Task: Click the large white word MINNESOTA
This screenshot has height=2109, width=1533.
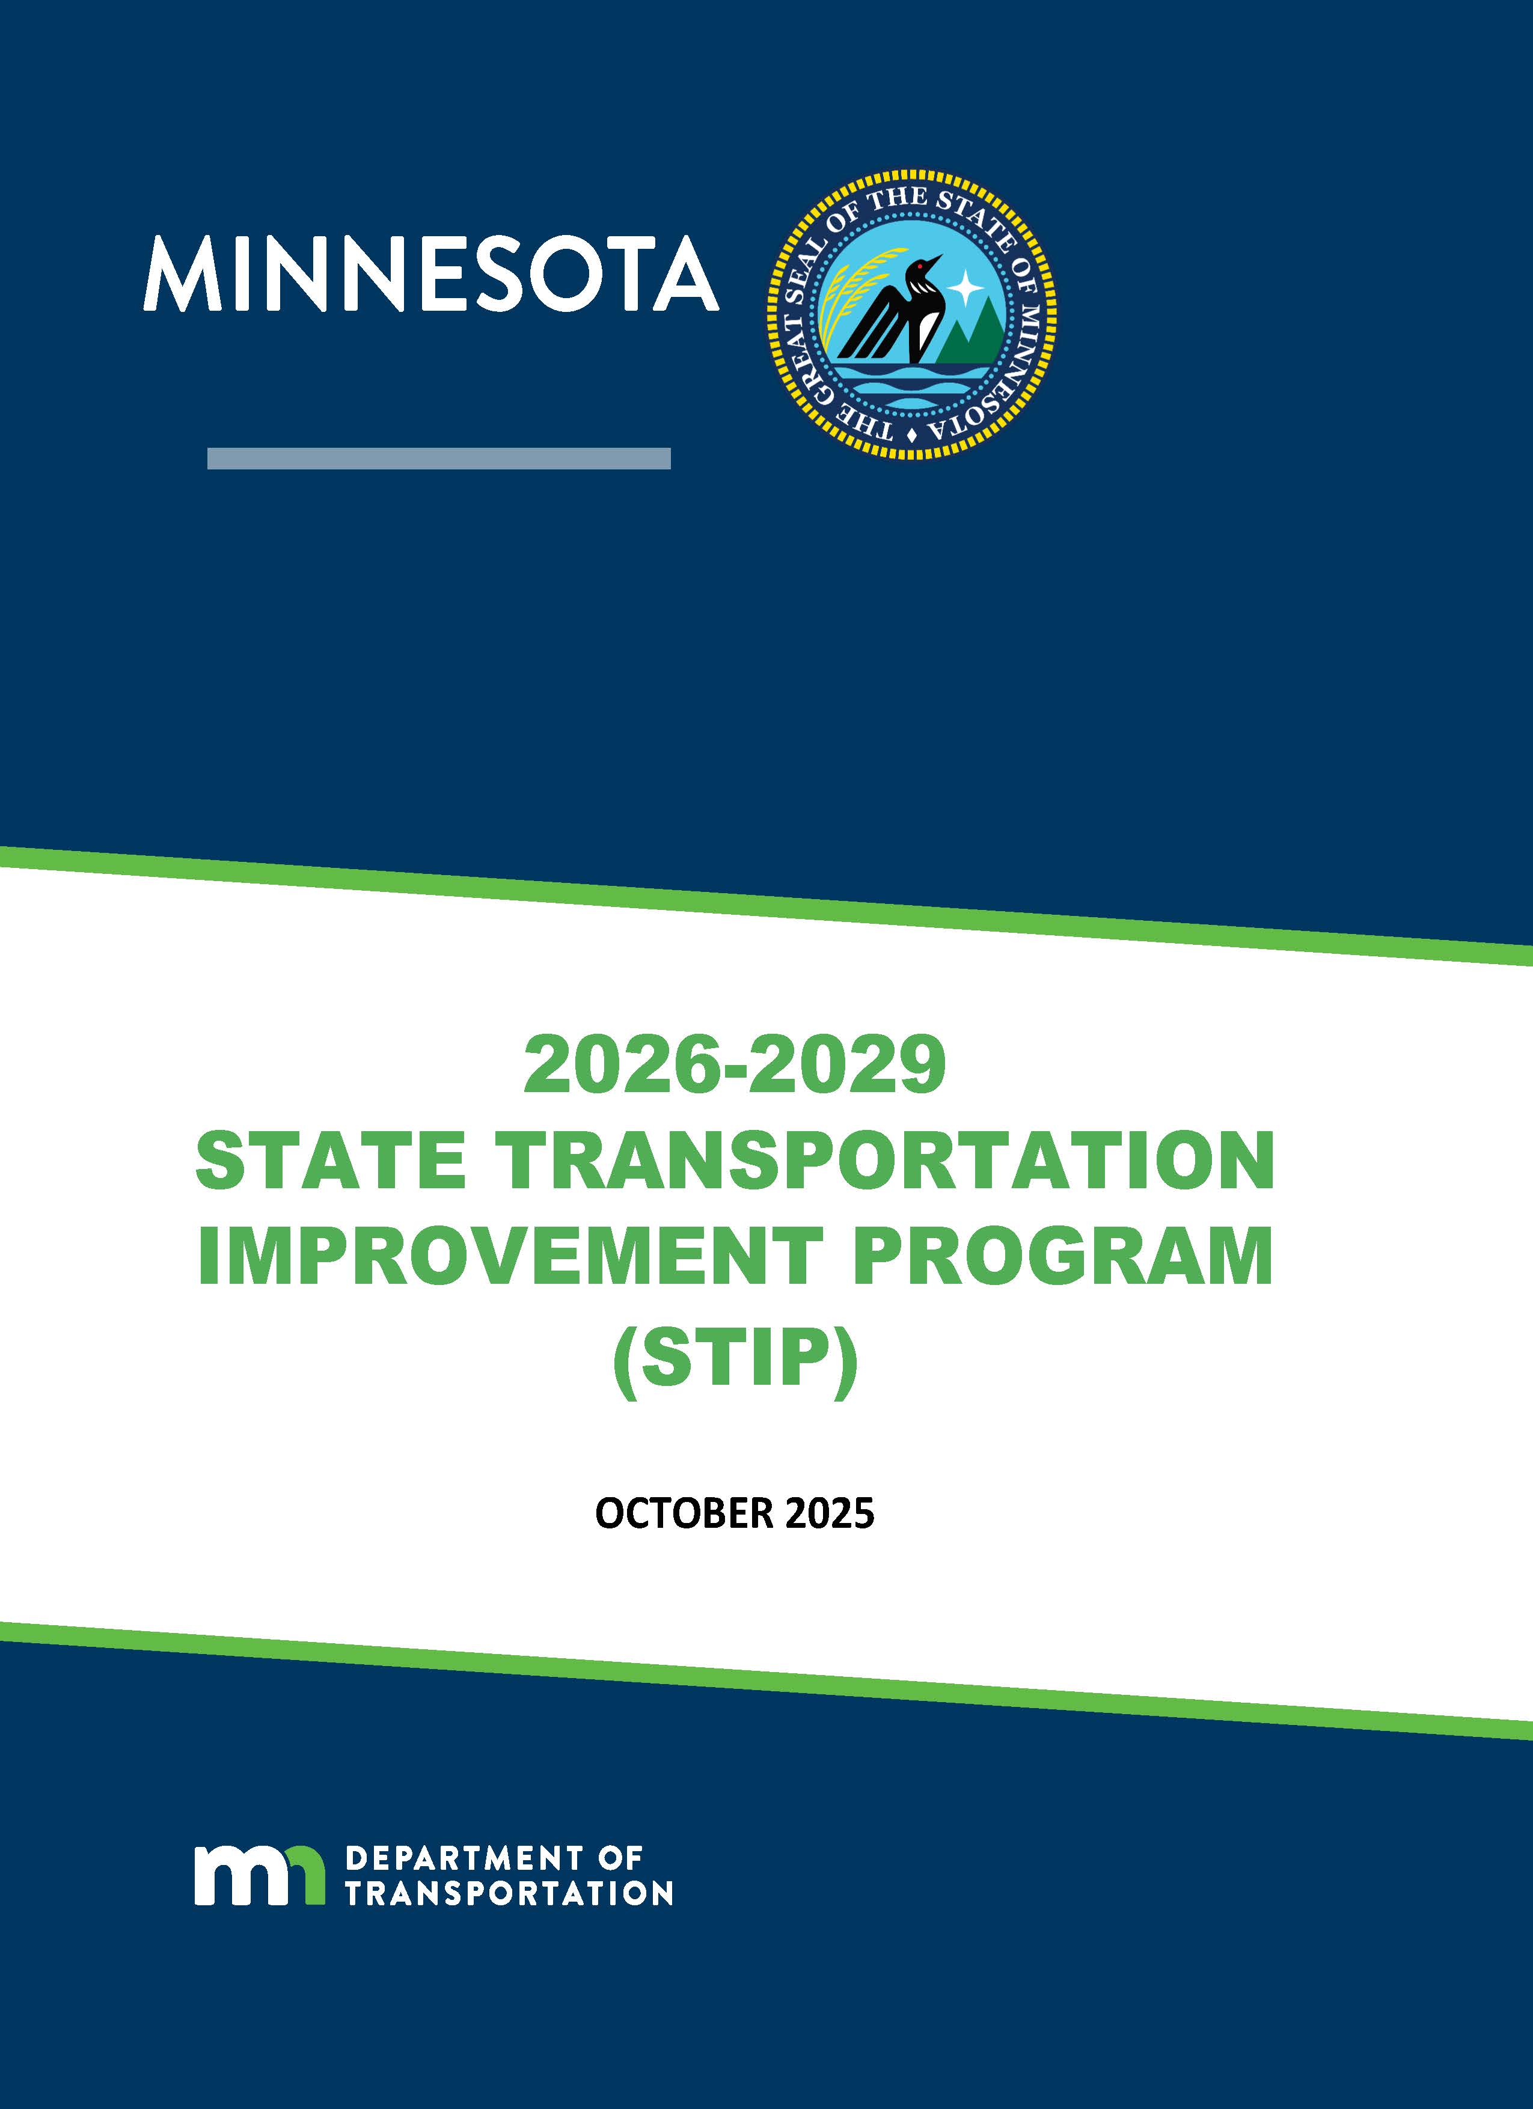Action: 430,273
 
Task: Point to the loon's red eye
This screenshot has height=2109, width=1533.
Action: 921,268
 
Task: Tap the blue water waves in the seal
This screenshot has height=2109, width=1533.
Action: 911,381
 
